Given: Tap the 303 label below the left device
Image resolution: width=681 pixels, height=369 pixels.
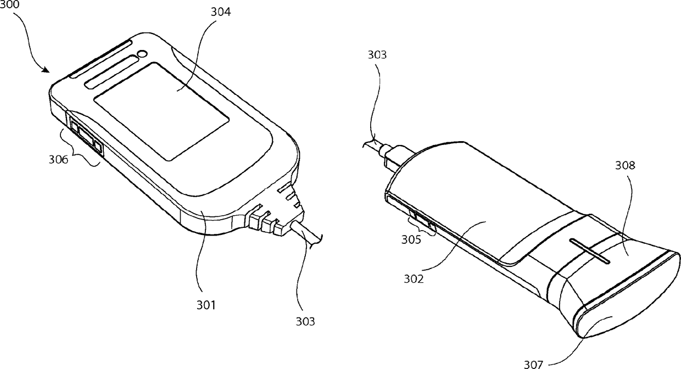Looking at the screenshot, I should coord(305,321).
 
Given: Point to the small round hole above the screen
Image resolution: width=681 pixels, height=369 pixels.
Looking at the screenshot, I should coord(143,54).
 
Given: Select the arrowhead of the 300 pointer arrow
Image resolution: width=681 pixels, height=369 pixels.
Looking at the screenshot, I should coord(49,71).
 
